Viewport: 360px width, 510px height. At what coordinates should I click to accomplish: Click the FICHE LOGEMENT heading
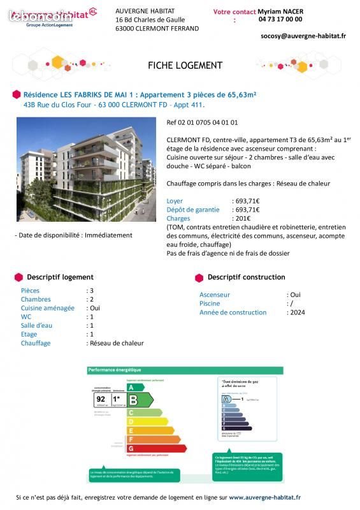click(185, 66)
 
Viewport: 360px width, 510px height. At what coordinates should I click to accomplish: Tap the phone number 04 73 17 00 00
click(280, 20)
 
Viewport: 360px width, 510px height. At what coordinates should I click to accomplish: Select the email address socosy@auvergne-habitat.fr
click(303, 36)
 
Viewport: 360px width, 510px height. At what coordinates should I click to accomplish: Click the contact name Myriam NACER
click(280, 11)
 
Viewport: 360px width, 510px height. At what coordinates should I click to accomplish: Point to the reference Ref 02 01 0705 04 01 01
click(202, 122)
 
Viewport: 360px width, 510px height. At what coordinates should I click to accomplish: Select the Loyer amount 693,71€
click(246, 201)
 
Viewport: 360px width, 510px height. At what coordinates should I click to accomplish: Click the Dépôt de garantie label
click(194, 210)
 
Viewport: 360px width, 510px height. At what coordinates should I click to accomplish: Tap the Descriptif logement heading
click(60, 277)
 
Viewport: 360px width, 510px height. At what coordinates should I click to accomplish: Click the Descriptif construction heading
click(246, 277)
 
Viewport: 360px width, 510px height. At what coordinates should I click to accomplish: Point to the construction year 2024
click(297, 312)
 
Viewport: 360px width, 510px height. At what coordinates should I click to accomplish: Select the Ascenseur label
click(215, 295)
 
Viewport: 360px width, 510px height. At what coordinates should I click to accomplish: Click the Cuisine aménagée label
click(48, 308)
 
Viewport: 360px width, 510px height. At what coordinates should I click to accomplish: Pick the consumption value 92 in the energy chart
click(101, 399)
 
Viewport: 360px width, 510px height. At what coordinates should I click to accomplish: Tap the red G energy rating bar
click(156, 448)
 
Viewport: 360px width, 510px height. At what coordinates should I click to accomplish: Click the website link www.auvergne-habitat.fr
click(264, 497)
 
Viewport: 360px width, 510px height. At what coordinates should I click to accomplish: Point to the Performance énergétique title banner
click(115, 370)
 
